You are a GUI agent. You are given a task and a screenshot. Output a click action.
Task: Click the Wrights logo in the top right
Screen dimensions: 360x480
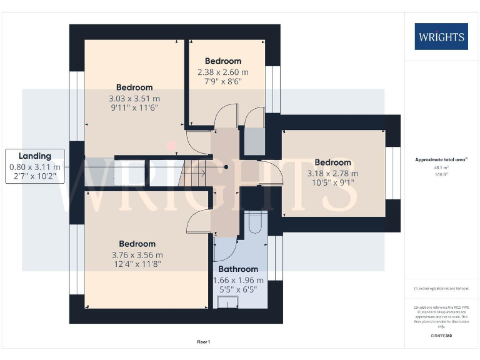click(441, 36)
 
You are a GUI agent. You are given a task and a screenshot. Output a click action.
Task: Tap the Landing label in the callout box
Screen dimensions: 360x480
click(35, 156)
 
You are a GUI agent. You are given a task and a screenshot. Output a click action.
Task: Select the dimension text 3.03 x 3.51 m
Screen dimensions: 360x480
click(134, 98)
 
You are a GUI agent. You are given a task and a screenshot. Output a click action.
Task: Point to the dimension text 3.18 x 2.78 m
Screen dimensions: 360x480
click(332, 173)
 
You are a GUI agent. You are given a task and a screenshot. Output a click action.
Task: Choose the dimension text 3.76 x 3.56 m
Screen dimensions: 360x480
click(137, 255)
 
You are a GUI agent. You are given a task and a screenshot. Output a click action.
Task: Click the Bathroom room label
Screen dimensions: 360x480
click(238, 269)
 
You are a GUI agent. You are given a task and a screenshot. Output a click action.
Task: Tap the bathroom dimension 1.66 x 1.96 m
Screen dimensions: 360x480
click(238, 281)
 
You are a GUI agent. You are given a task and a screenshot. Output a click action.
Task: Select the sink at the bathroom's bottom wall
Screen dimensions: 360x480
click(227, 302)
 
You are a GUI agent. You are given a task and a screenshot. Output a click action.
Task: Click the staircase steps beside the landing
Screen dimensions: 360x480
click(195, 173)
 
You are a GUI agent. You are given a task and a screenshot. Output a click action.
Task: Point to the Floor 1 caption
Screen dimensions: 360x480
click(204, 342)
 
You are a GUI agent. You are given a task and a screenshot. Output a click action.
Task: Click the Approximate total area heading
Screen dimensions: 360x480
click(441, 159)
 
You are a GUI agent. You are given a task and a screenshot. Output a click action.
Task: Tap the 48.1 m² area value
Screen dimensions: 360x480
click(441, 167)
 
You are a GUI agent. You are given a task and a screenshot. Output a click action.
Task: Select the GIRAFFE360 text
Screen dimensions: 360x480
click(441, 336)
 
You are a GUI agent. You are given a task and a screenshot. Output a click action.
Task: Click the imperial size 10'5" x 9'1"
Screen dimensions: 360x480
click(332, 184)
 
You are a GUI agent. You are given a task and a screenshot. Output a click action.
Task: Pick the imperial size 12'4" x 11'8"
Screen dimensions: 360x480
click(137, 265)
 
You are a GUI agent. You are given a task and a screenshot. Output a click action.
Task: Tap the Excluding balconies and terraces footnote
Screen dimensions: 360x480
click(441, 289)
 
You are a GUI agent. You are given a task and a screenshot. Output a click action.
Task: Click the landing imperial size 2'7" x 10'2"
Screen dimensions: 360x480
click(35, 177)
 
